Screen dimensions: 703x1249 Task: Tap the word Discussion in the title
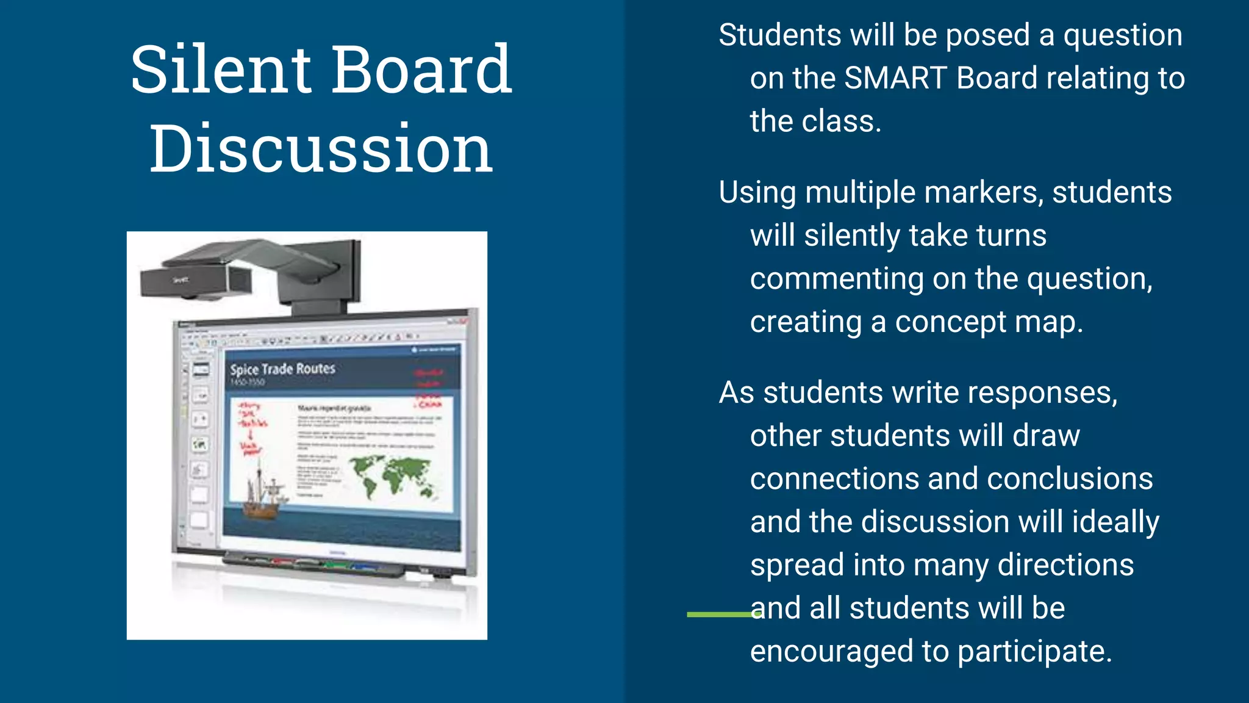[321, 148]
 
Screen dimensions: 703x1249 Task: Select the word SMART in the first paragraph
[895, 78]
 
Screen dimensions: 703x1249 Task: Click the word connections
[834, 479]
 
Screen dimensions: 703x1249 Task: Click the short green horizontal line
[720, 615]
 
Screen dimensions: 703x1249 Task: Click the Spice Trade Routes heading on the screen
[282, 369]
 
